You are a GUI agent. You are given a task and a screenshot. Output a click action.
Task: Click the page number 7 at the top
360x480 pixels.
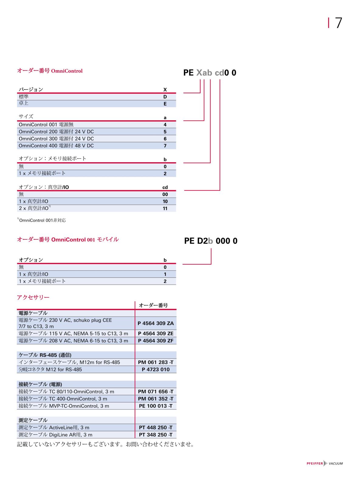coord(338,23)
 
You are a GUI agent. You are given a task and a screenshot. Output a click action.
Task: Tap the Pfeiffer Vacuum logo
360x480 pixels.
coord(324,463)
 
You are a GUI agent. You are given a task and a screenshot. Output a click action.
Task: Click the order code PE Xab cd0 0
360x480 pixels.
coord(210,73)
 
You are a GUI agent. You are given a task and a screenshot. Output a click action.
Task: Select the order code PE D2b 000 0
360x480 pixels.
coord(211,241)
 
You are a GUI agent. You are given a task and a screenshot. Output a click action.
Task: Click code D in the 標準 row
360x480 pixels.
coord(165,97)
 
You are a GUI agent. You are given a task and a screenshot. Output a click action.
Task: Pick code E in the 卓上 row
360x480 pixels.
coord(165,104)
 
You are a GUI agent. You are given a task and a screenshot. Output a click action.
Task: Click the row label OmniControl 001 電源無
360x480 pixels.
coord(46,125)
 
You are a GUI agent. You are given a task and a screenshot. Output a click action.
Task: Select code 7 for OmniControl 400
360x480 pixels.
coord(165,146)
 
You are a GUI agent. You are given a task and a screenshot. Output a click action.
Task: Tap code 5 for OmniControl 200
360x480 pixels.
coord(165,132)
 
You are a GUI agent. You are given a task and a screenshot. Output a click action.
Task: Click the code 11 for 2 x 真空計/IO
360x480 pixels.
coord(165,208)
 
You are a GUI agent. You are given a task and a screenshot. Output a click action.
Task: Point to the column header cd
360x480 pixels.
coord(165,187)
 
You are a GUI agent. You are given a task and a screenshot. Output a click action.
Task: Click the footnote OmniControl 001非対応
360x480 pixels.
coord(42,220)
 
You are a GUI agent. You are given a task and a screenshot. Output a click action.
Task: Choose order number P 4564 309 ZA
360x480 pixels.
coord(156,323)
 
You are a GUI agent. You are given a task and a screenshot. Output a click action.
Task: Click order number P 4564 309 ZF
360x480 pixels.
coord(156,341)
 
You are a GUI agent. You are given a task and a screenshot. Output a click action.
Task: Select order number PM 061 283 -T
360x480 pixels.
coord(156,362)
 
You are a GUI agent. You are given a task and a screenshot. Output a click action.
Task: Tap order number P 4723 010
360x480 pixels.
coord(156,369)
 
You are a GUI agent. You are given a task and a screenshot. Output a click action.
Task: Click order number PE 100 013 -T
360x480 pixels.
coord(156,406)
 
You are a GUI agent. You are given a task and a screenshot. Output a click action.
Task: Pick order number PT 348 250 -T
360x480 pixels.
coord(156,435)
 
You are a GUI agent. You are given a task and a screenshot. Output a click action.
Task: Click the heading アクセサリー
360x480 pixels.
coord(33,297)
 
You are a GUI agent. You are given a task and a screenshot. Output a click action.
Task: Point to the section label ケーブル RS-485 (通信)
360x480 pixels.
coord(45,355)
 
